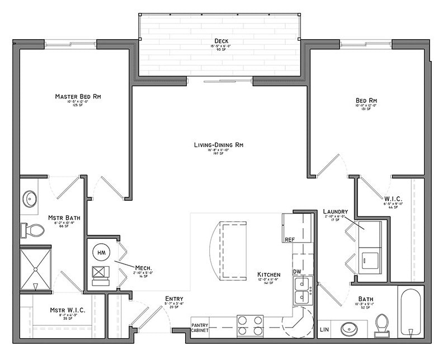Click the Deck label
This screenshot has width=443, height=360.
coord(220,41)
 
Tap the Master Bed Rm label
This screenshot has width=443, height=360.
coord(78,96)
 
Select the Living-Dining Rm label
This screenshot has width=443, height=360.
coord(219,145)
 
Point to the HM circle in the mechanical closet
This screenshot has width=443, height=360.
coord(101,253)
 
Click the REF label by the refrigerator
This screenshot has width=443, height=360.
coord(289,239)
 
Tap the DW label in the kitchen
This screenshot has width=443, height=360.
coord(297,272)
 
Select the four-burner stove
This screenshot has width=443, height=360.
coord(251,325)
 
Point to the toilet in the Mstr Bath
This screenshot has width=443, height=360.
coord(34,229)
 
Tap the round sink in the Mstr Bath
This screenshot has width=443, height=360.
coord(30,198)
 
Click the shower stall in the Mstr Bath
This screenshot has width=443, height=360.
coord(35,269)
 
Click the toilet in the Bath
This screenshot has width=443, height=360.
coord(382,325)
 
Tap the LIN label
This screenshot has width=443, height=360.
coord(324,330)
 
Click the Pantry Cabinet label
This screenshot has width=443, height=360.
coord(200,327)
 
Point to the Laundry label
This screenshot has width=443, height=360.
coord(336,211)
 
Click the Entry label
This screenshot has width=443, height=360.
coord(174,299)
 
